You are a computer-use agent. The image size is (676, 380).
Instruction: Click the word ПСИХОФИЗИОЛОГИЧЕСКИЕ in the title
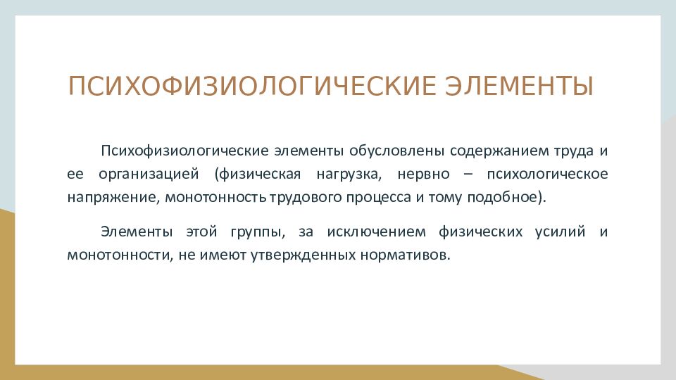(252, 86)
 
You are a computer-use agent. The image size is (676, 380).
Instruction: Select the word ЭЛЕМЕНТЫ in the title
(519, 86)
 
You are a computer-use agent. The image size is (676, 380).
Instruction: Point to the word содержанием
(500, 151)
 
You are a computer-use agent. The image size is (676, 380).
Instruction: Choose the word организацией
(149, 175)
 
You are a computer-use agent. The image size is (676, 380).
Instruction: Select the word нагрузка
(349, 175)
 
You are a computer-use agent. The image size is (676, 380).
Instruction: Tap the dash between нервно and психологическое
(468, 175)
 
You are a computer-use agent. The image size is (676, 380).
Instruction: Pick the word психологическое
(548, 175)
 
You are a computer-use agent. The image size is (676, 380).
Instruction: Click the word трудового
(305, 198)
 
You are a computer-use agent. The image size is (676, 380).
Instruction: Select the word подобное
(502, 197)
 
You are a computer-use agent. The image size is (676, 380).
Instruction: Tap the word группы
(258, 232)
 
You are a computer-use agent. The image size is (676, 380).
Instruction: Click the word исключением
(376, 232)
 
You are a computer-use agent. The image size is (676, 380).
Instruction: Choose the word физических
(481, 232)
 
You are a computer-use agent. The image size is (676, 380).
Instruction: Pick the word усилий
(560, 232)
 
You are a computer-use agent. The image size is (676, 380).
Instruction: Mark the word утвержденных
(303, 255)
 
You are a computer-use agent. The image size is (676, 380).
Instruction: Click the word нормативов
(404, 255)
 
